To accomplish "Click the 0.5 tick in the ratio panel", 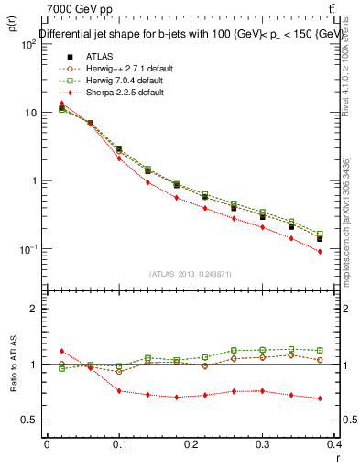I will coord(29,420).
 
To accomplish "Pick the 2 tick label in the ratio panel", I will coord(34,309).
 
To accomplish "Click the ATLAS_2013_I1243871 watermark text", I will coord(191,274).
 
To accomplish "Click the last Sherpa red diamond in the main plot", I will coord(320,251).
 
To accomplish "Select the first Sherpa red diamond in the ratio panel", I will coord(62,351).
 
